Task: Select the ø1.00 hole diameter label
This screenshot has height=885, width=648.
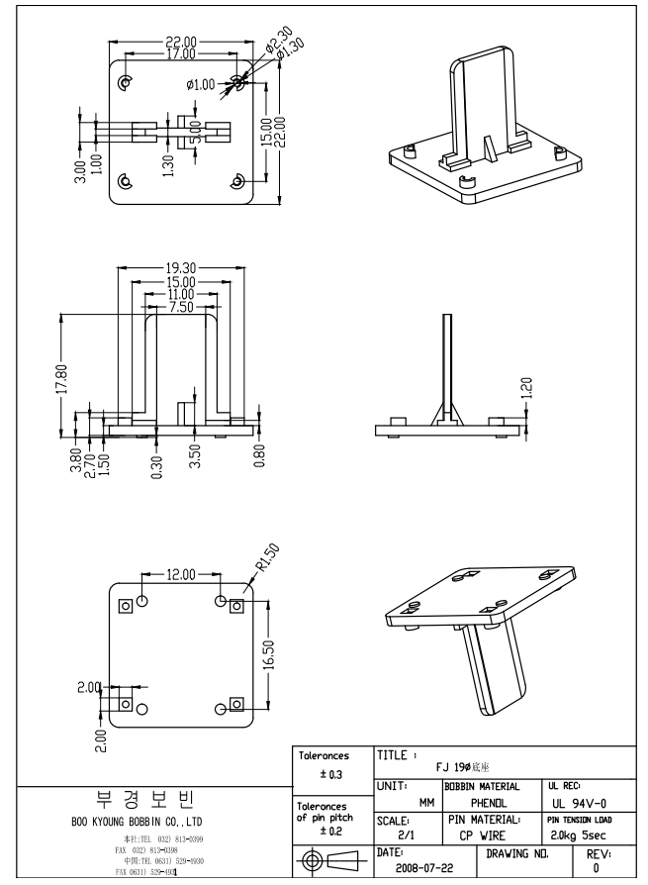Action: tap(201, 85)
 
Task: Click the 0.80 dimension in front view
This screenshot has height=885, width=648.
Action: tap(259, 458)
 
